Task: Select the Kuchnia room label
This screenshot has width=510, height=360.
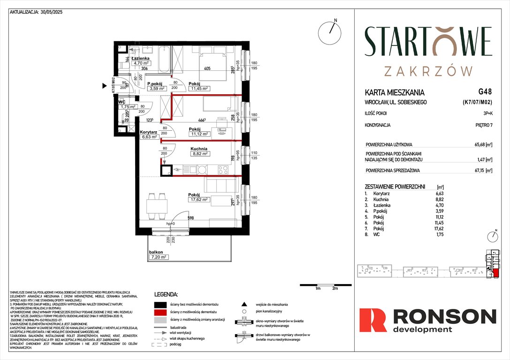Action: tap(199, 148)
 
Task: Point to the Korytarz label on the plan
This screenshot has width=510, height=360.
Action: tap(148, 133)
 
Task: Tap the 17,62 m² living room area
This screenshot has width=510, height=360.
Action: tap(198, 200)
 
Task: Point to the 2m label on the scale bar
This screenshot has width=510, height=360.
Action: tap(335, 289)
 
